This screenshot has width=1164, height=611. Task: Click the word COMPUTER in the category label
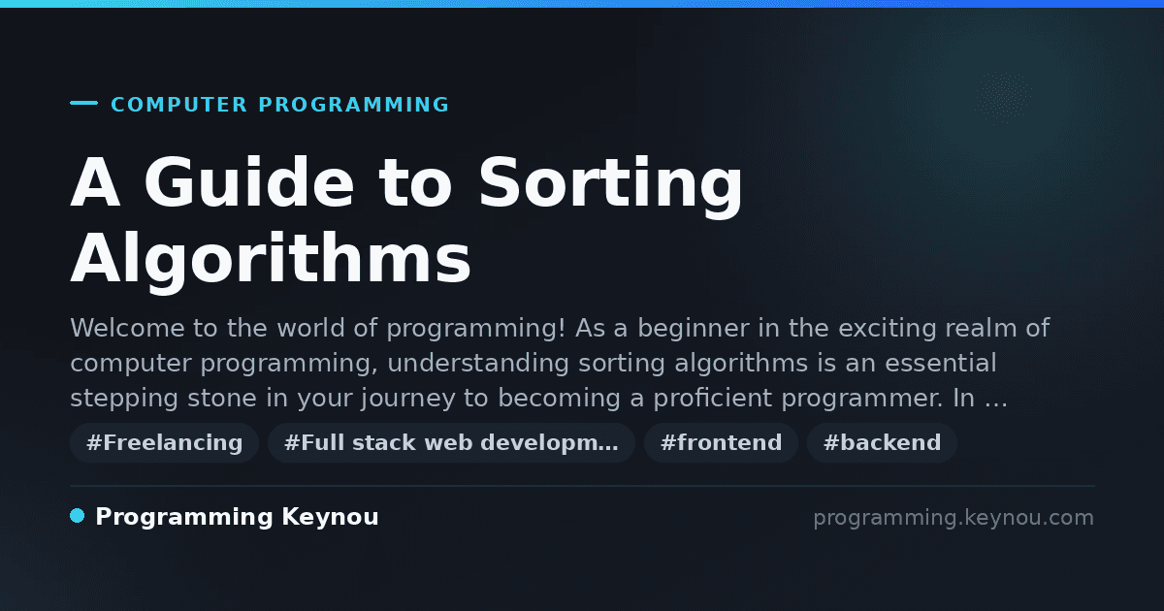[179, 105]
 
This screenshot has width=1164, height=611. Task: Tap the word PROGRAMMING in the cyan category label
[354, 105]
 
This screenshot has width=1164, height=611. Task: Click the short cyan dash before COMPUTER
[83, 103]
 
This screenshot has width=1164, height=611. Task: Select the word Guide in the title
[249, 182]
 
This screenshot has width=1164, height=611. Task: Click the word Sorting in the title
[611, 186]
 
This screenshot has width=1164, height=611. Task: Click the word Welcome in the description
[127, 328]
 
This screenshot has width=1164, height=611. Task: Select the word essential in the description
[941, 363]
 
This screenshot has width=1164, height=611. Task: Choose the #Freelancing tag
[165, 442]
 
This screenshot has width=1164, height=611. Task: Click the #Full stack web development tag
[452, 442]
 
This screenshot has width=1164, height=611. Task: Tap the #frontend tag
[722, 442]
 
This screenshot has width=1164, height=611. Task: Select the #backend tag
[883, 442]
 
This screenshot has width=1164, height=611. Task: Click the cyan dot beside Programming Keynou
[78, 516]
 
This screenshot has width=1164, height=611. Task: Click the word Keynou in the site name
[330, 518]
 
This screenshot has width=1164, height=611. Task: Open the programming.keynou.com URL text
[954, 518]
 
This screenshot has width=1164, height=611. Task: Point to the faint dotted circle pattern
[1003, 98]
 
